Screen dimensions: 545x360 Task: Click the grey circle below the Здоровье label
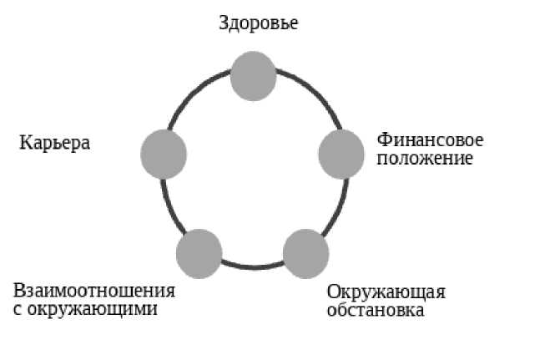(x=253, y=76)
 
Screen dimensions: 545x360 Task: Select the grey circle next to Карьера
(x=164, y=155)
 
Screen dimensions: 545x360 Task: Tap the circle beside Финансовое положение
(x=342, y=154)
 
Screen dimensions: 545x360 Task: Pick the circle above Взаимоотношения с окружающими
(x=199, y=253)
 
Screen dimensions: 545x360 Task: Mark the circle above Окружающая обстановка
(x=306, y=253)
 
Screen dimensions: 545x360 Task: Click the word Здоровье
(x=258, y=23)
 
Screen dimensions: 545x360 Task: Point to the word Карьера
(x=54, y=143)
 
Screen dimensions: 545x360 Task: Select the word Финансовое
(x=430, y=139)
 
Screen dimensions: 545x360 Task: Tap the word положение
(x=425, y=158)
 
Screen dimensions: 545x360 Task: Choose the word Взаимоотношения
(x=94, y=291)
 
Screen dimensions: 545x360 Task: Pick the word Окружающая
(x=386, y=292)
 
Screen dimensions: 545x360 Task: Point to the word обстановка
(x=376, y=311)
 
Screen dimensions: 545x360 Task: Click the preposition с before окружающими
(x=18, y=310)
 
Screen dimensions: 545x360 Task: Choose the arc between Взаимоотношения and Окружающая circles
(x=253, y=267)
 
